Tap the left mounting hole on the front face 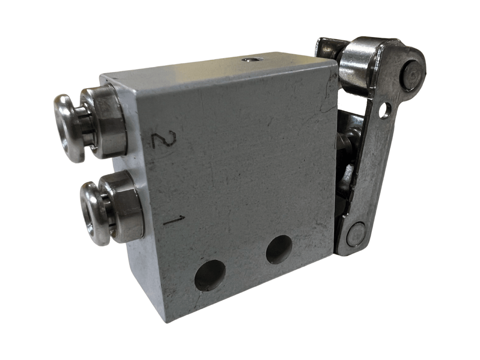(x=210, y=275)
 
